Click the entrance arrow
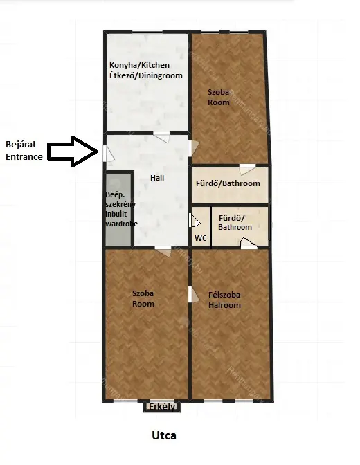(x=73, y=152)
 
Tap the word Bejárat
(x=21, y=145)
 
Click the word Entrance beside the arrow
(x=24, y=156)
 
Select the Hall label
(x=157, y=178)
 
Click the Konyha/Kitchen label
(x=139, y=65)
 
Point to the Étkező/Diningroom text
(x=145, y=75)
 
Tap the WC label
(x=200, y=238)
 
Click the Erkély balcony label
(x=162, y=406)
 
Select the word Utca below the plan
(x=164, y=436)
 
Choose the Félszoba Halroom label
(x=224, y=300)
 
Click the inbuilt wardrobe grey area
(x=118, y=210)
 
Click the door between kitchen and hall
(x=162, y=137)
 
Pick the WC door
(x=195, y=220)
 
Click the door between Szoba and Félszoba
(x=193, y=294)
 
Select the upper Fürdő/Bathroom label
(x=228, y=183)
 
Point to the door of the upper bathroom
(x=247, y=169)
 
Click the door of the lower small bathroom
(x=249, y=244)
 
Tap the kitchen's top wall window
(x=147, y=31)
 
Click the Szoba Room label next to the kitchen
(x=219, y=98)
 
